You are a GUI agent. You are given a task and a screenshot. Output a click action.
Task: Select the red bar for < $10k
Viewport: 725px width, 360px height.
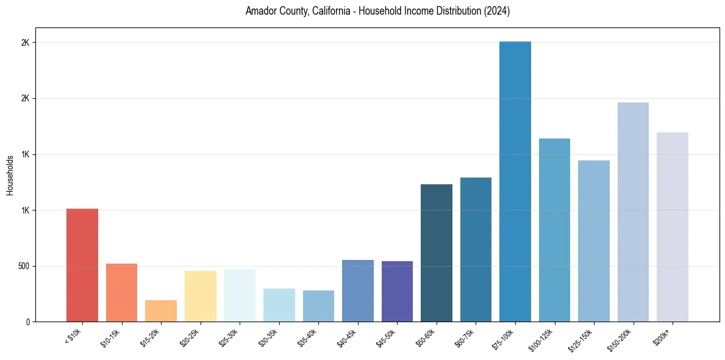82,265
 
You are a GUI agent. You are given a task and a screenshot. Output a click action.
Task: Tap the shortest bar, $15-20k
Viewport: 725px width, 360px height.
161,311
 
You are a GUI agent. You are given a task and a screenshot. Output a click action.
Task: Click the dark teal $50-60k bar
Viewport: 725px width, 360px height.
437,253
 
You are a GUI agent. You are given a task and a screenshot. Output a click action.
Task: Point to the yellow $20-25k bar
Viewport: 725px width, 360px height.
201,297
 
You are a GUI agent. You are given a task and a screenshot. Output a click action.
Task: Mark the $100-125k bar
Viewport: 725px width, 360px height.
554,230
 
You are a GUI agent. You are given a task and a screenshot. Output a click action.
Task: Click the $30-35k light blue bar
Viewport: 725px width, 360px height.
279,305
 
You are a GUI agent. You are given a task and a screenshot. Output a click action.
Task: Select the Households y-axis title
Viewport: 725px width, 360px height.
10,175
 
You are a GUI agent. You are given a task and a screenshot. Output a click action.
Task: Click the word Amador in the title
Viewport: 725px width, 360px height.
260,11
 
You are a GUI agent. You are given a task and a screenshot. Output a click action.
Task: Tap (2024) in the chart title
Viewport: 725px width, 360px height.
496,11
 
